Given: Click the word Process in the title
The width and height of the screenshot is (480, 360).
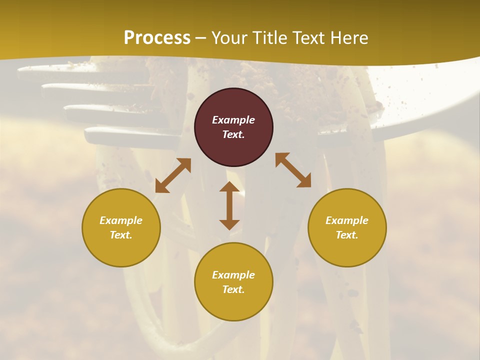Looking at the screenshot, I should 157,38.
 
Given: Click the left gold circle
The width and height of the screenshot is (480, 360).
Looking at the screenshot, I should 121,227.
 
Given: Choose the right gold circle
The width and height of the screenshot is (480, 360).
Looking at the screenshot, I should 347,227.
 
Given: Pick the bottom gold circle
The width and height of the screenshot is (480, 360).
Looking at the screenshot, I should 233,282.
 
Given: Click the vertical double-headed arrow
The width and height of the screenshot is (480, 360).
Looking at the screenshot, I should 229,205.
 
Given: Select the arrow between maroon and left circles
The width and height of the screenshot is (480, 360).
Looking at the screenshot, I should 173,175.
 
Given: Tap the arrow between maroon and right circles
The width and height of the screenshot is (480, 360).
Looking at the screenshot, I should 293,170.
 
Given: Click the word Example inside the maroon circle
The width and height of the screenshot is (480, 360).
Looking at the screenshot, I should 233,120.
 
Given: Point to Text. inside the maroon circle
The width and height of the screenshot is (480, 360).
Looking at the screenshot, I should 233,134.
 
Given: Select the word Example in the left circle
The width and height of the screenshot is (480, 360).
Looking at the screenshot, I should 121,220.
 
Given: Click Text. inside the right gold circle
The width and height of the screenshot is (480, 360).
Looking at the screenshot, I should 347,235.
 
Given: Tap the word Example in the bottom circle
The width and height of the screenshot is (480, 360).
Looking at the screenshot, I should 233,275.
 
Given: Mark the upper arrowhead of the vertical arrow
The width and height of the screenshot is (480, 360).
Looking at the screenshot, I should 229,187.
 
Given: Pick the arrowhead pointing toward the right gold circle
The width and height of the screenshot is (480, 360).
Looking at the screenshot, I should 304,181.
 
